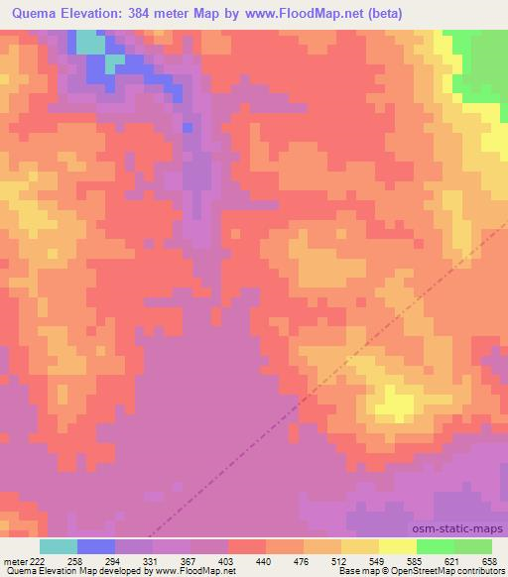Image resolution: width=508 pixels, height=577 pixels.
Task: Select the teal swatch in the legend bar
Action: click(x=59, y=546)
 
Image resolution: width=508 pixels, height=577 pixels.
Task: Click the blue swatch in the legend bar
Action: click(x=96, y=546)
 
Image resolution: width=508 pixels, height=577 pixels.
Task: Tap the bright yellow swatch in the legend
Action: click(x=397, y=546)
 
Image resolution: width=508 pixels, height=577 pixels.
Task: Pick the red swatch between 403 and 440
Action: click(x=247, y=546)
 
